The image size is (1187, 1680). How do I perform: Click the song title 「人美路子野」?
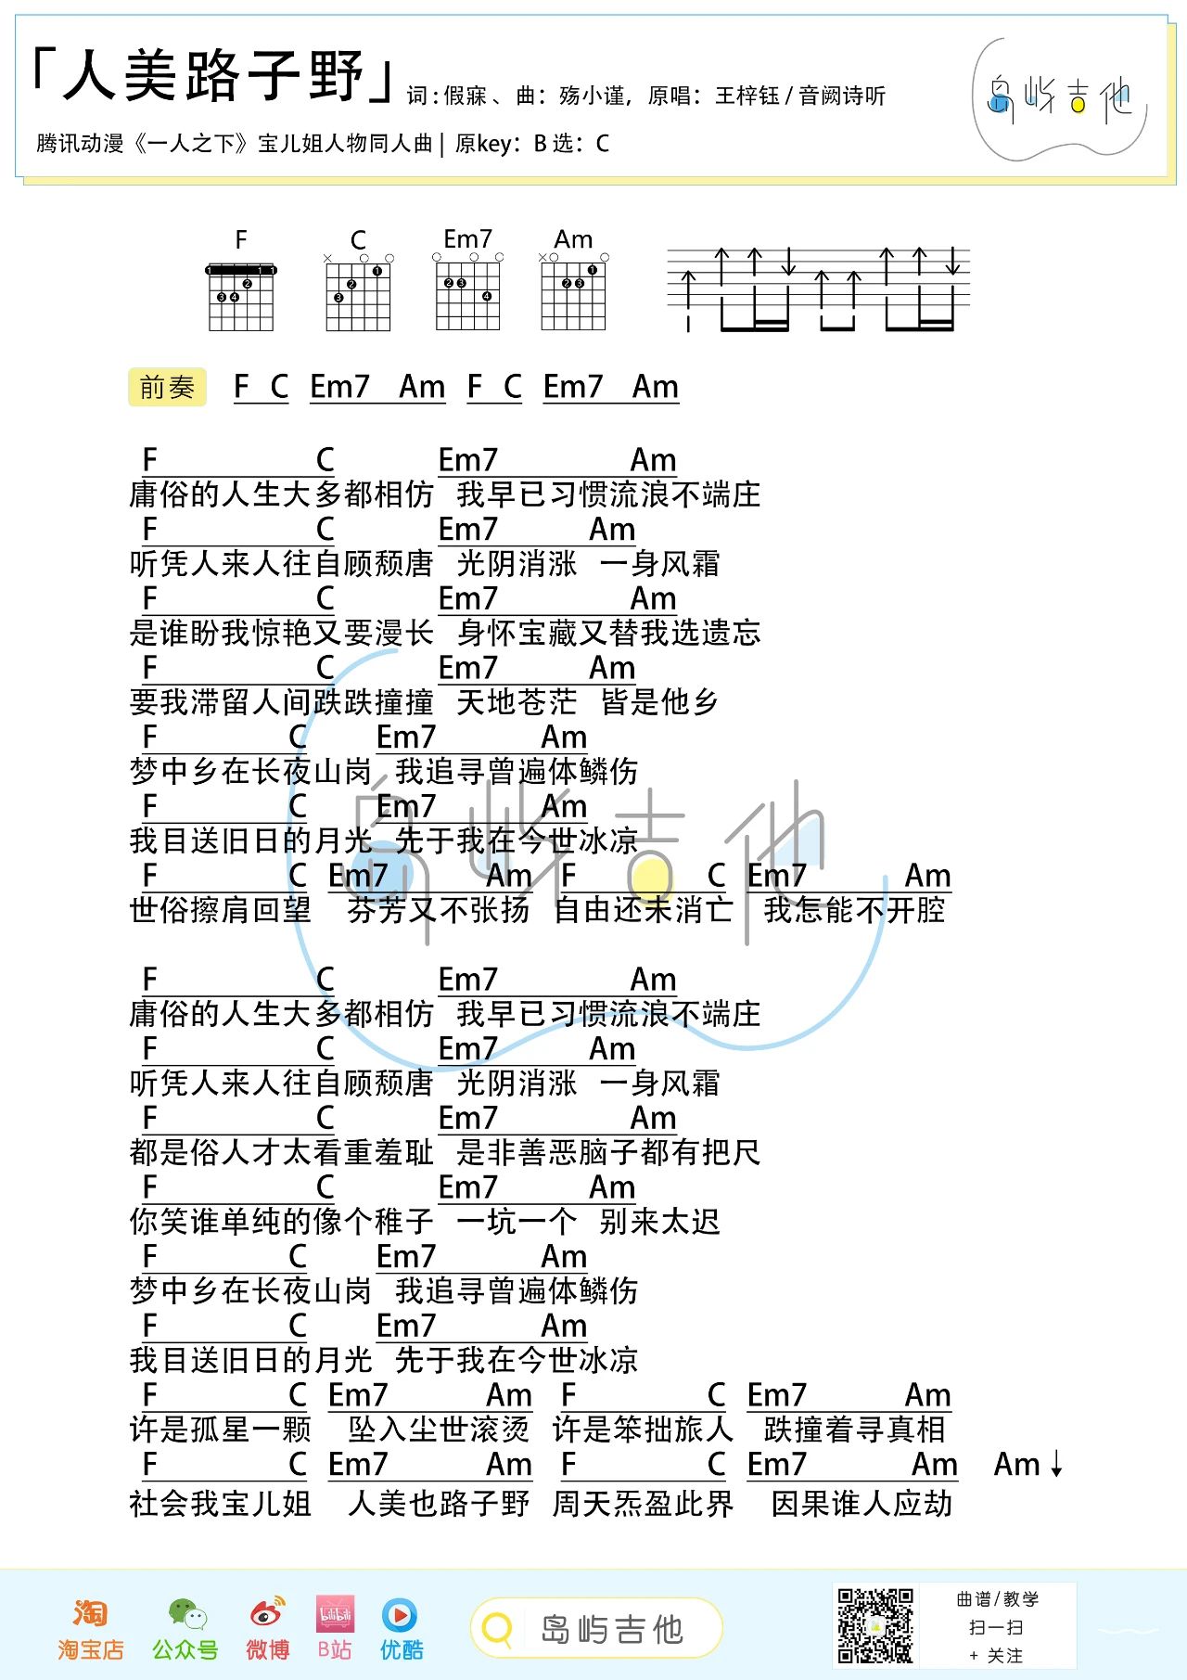[212, 76]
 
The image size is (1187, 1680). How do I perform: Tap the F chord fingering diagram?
[241, 295]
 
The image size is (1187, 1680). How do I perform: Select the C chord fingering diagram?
[358, 295]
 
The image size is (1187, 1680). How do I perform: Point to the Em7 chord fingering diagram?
[468, 295]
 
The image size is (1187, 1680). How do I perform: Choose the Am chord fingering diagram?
[573, 295]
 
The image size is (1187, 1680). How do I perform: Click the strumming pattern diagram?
[819, 289]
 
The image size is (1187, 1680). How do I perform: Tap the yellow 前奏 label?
[167, 387]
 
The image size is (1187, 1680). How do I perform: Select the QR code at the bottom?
[875, 1625]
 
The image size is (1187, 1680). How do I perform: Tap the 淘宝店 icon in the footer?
[90, 1615]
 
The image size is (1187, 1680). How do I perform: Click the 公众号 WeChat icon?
[186, 1615]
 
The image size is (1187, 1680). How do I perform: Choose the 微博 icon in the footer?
[267, 1615]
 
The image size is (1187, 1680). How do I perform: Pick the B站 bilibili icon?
[335, 1615]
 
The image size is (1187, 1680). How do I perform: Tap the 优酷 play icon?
[400, 1615]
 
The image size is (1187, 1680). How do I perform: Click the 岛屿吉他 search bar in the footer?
[596, 1628]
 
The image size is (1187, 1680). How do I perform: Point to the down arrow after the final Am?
[1056, 1464]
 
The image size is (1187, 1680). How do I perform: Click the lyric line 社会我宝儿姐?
[221, 1504]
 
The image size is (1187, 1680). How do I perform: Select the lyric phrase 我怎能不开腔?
[854, 910]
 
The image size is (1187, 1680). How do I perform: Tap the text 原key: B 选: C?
[532, 144]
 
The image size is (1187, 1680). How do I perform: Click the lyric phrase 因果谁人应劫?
[862, 1504]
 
